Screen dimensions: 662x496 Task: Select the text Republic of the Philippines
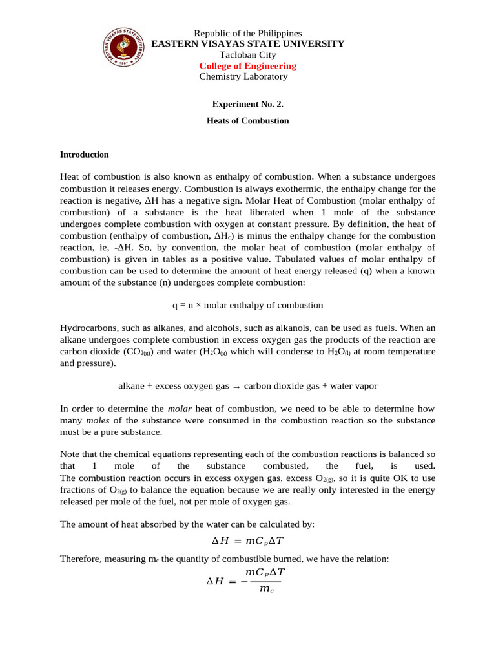click(248, 33)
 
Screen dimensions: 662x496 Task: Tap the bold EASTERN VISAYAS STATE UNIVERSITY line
click(248, 44)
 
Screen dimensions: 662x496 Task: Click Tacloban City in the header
click(248, 55)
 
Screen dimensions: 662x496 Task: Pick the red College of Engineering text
click(248, 66)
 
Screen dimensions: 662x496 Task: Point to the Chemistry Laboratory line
click(243, 77)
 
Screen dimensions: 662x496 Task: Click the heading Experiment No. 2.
click(248, 103)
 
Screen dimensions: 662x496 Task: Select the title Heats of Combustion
click(248, 121)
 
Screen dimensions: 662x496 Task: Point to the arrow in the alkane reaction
click(236, 387)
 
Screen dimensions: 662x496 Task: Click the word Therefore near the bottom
click(81, 557)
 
